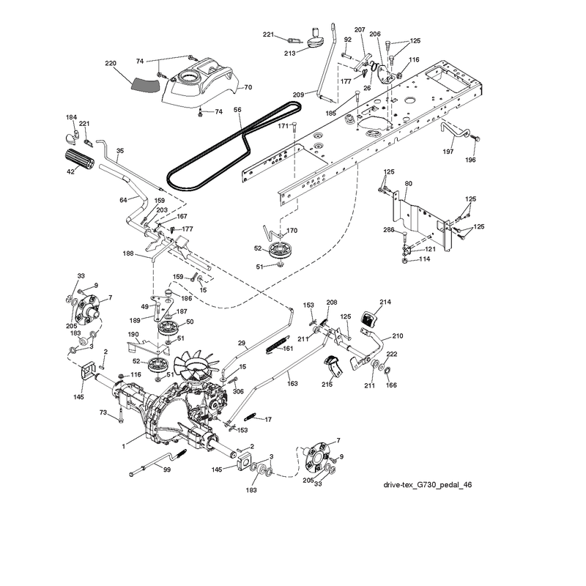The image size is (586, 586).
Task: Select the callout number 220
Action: click(x=111, y=63)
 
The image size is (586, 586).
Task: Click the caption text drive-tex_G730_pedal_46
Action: click(x=428, y=485)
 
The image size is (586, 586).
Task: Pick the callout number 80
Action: click(x=409, y=184)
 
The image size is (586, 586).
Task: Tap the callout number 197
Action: click(x=448, y=152)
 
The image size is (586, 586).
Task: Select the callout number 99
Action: click(x=167, y=470)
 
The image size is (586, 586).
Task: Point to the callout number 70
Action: click(x=248, y=87)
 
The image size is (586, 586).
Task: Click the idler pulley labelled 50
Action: click(x=167, y=329)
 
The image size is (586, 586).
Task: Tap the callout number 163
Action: click(x=292, y=383)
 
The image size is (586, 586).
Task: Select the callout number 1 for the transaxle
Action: click(x=123, y=446)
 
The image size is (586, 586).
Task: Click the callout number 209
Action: click(x=298, y=95)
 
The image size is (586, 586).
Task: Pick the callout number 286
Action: click(x=389, y=230)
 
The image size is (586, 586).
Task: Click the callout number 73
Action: click(x=103, y=412)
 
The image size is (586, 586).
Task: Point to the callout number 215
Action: click(x=327, y=384)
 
